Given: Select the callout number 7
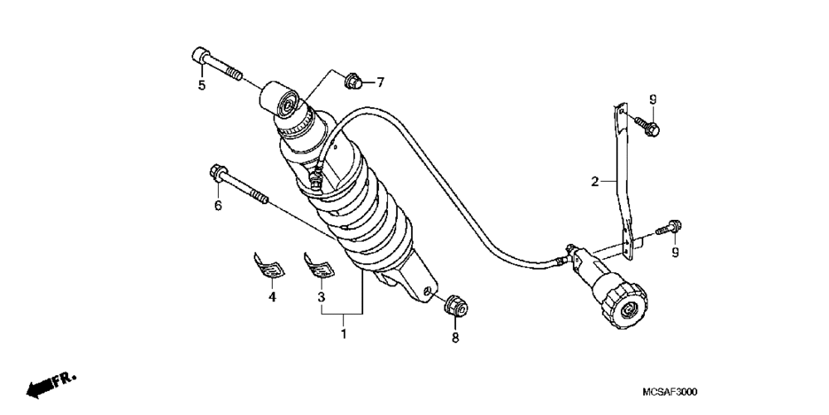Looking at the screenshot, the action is tap(381, 82).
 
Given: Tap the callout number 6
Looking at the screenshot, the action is tap(218, 205).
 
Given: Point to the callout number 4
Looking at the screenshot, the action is tap(271, 295).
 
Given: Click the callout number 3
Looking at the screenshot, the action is tap(321, 295).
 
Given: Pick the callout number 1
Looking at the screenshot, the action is tap(344, 334).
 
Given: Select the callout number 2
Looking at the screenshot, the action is tap(594, 180).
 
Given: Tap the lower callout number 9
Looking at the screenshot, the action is tap(675, 252).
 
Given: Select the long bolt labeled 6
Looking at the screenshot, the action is tap(240, 188).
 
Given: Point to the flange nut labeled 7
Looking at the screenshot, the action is tap(352, 81).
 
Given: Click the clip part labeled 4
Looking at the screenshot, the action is tap(269, 265).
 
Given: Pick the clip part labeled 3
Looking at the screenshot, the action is tap(319, 265).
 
